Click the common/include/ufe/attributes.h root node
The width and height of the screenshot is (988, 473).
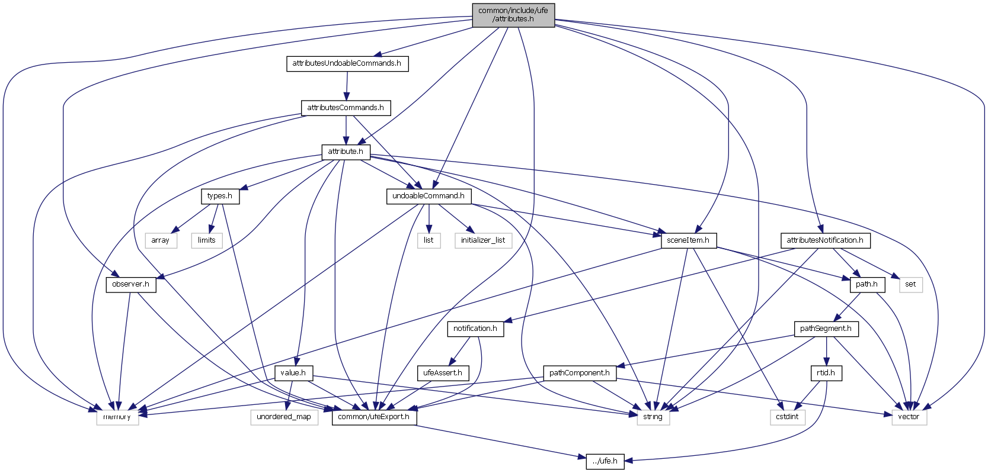[513, 15]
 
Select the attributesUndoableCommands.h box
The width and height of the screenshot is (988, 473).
[347, 63]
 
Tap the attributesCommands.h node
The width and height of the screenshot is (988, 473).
[346, 108]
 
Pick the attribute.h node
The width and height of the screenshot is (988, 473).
[346, 152]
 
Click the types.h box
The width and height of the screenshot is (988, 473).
[220, 196]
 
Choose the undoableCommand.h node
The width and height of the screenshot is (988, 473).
[429, 196]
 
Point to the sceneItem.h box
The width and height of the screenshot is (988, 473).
[688, 240]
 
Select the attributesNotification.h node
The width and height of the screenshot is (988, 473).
[825, 240]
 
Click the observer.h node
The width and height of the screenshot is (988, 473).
[130, 284]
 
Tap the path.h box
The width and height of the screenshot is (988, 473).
[867, 284]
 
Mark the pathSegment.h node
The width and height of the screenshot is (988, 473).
[826, 329]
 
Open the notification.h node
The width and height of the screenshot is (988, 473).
[475, 329]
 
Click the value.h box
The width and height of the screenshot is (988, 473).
[293, 373]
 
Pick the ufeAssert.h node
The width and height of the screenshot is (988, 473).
[443, 373]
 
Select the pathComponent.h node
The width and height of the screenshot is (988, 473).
[579, 373]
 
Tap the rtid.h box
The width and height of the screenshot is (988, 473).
[826, 373]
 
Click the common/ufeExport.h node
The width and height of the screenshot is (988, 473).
[374, 417]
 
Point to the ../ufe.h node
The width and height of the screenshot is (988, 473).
[605, 461]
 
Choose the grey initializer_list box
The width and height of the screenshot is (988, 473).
[483, 240]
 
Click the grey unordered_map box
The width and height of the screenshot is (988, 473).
[284, 417]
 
